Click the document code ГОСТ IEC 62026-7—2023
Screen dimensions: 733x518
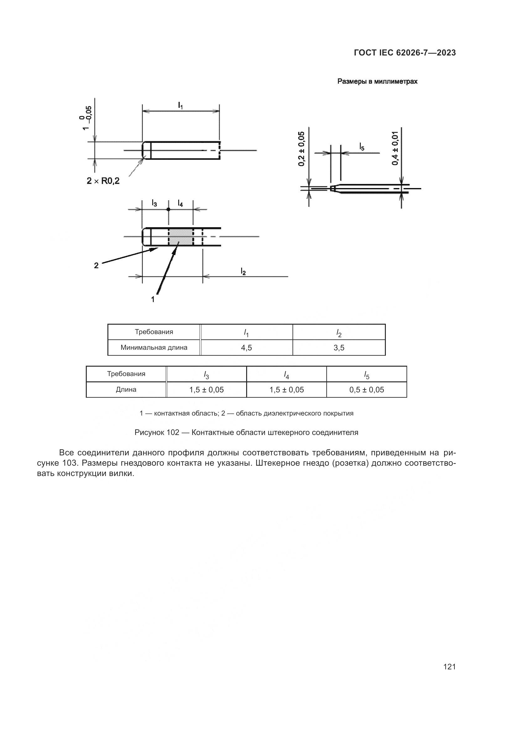coord(404,53)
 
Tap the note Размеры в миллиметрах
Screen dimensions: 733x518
coord(377,81)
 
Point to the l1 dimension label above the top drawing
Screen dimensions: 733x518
coord(180,105)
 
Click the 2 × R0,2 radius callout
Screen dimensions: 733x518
coord(103,181)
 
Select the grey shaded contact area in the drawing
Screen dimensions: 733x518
coord(180,237)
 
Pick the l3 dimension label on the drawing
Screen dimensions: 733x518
coord(154,203)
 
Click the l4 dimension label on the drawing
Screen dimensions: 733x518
coord(180,203)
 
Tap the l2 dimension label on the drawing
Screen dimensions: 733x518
coord(243,271)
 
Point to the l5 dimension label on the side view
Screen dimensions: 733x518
coord(362,147)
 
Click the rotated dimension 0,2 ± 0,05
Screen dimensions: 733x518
coord(301,149)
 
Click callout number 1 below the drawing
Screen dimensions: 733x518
coord(153,299)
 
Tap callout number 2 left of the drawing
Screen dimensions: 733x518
coord(96,265)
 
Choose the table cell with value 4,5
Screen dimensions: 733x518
coord(246,348)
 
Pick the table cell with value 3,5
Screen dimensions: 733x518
coord(339,348)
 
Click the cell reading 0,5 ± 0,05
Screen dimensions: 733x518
coord(366,390)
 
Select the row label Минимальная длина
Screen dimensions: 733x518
coord(154,347)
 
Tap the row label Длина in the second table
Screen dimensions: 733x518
coord(126,390)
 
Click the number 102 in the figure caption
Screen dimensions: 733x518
coord(173,432)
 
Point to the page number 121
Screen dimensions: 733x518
coord(449,667)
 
